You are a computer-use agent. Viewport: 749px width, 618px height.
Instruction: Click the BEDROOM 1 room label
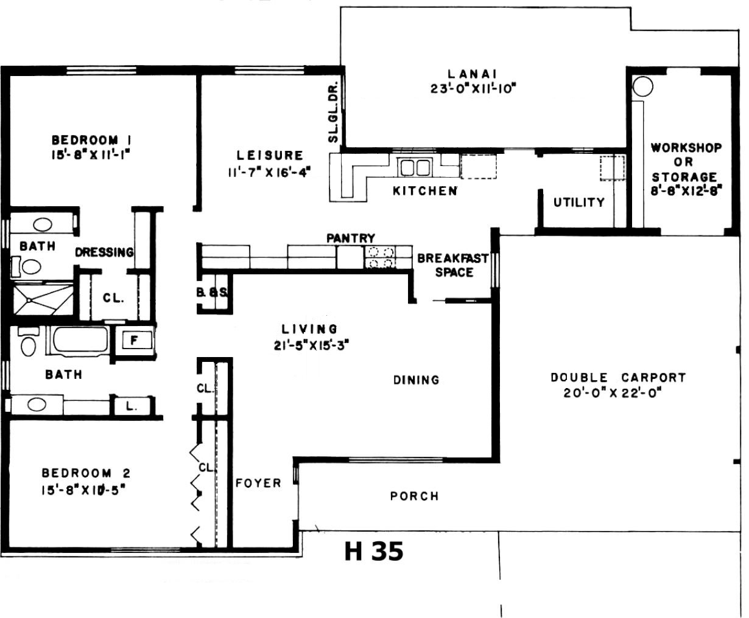tap(91, 140)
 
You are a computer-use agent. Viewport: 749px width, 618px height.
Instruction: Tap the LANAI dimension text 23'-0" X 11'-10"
tap(473, 88)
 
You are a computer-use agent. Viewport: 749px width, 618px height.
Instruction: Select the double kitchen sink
tap(415, 168)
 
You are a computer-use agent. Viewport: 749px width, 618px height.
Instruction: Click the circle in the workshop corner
tap(642, 86)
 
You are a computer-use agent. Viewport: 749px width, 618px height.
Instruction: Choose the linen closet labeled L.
tap(132, 406)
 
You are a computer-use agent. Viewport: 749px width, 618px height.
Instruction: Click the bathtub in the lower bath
tap(80, 339)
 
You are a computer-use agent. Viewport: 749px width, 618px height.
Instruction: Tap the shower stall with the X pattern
tap(43, 299)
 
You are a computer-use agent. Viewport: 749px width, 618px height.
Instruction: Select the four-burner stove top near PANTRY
tap(380, 257)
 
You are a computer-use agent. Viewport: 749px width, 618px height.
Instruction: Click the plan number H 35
tap(374, 551)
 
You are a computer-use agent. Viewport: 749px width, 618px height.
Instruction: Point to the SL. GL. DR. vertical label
tap(333, 112)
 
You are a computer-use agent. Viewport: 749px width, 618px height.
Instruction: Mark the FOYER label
tap(258, 484)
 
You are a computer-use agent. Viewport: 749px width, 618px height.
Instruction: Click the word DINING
tap(417, 380)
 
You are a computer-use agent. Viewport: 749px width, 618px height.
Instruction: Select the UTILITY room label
tap(579, 203)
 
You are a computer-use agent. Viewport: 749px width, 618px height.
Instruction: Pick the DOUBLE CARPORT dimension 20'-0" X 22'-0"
tap(613, 393)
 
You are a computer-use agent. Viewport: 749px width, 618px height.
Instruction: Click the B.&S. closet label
tap(213, 293)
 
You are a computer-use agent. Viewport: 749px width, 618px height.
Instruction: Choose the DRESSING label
tap(104, 252)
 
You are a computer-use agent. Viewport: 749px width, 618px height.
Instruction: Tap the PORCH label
tap(415, 496)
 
